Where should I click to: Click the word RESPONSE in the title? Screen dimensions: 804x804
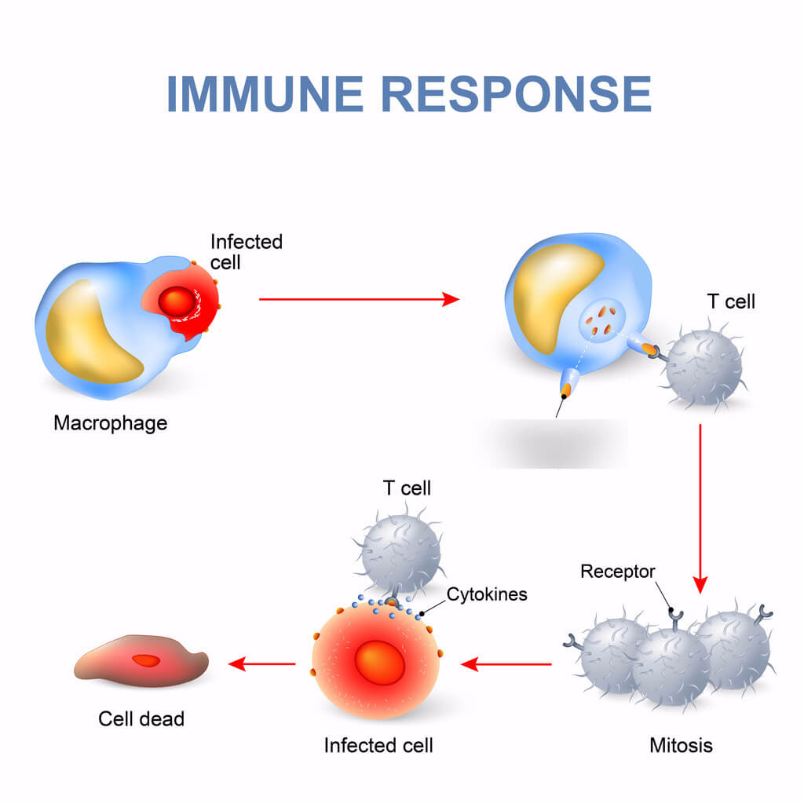tap(517, 94)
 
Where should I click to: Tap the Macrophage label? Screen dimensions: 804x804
tap(110, 423)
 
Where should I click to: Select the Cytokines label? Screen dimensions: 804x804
tap(487, 594)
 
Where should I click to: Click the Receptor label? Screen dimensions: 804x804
tap(617, 572)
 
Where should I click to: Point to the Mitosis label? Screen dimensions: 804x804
tap(681, 744)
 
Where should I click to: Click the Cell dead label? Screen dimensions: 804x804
tap(141, 718)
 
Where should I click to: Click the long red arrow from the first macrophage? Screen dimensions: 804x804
tap(358, 299)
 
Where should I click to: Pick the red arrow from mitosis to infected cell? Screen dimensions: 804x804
tap(506, 664)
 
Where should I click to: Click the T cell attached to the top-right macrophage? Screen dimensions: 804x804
tap(704, 366)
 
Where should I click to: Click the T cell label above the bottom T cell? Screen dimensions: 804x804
tap(407, 488)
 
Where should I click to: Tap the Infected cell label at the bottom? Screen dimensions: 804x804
tap(378, 744)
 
